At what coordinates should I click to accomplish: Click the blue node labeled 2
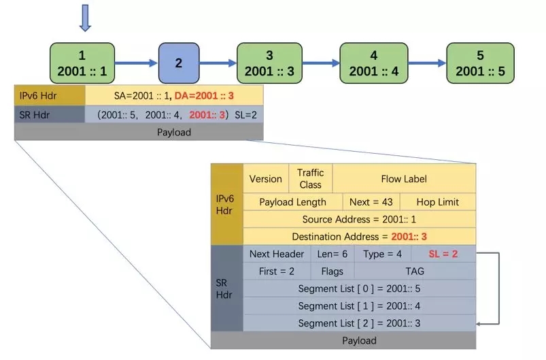pos(178,63)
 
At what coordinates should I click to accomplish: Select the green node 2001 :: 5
pos(480,63)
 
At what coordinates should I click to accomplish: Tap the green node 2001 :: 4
pos(373,63)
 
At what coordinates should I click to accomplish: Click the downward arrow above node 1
pos(84,18)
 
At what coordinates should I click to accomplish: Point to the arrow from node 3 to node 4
pos(320,63)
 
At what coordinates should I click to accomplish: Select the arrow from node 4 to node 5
pos(427,63)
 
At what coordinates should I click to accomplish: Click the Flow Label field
pos(404,179)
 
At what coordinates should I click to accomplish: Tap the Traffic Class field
pos(310,179)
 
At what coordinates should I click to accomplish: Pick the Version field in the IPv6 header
pos(265,179)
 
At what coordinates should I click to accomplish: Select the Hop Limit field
pos(438,202)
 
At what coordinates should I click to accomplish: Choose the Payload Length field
pos(292,202)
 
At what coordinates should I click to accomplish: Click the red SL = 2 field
pos(443,254)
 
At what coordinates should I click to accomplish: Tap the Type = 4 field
pos(382,254)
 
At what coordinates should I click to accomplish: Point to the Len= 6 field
pos(331,254)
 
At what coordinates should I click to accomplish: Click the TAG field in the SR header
pos(415,271)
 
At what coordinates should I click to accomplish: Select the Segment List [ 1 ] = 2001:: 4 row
pos(359,306)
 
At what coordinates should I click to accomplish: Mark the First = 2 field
pos(277,271)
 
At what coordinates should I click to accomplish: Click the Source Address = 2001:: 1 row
pos(359,219)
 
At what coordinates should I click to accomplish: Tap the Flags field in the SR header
pos(332,271)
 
